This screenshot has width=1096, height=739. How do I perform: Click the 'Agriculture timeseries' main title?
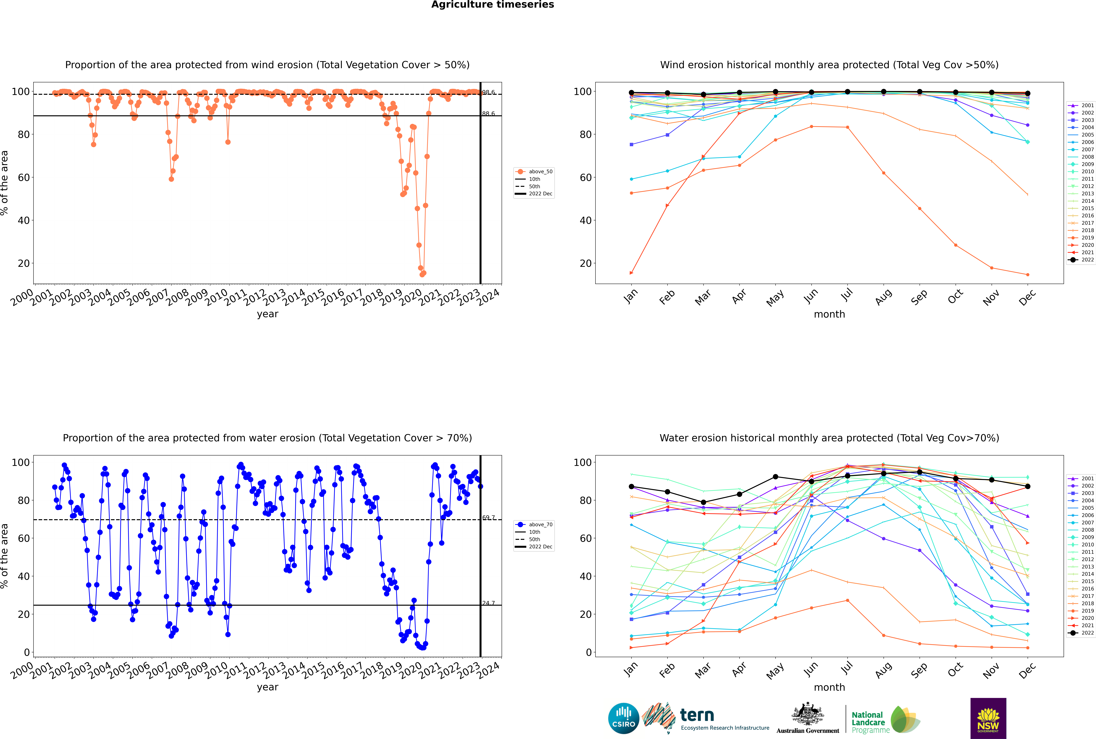492,5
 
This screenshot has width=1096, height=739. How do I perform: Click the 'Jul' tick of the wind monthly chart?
847,295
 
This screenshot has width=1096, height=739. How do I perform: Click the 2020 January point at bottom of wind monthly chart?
631,273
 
